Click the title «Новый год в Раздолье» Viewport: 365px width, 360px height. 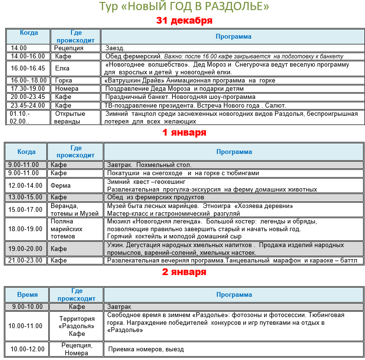[x=184, y=7]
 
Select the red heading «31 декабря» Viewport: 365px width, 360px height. [x=184, y=21]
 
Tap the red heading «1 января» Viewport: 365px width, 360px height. [x=184, y=132]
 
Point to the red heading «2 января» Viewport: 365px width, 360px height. [x=184, y=272]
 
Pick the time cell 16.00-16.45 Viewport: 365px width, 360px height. [x=28, y=68]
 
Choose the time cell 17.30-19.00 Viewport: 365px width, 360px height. [x=28, y=89]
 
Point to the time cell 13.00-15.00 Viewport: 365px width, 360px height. [x=26, y=197]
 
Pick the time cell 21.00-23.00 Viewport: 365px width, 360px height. [x=26, y=261]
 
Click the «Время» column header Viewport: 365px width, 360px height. [x=27, y=294]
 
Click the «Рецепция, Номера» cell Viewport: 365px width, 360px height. [x=76, y=349]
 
